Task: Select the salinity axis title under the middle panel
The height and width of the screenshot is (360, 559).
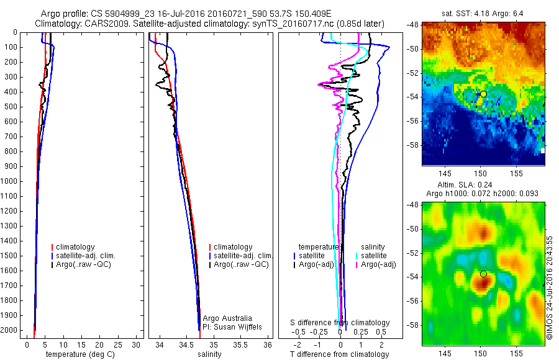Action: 209,354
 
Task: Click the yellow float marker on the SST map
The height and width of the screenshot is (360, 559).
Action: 483,94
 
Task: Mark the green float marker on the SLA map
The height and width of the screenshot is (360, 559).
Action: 483,274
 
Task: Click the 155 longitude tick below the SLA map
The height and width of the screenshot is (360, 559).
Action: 516,353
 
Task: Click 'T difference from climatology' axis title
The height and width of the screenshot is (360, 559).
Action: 339,354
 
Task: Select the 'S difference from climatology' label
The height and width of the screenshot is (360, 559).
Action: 340,323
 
